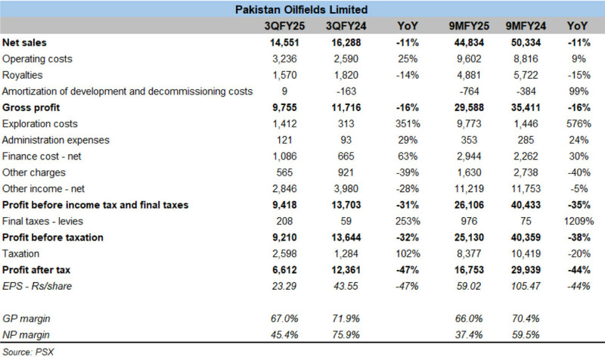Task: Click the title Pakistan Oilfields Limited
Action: (x=301, y=9)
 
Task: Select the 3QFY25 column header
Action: (x=284, y=26)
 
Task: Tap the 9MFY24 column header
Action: (x=526, y=26)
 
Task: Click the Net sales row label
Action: (x=24, y=42)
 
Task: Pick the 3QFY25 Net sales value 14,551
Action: (x=284, y=42)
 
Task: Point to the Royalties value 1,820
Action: (x=346, y=75)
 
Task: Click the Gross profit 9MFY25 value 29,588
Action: (x=469, y=107)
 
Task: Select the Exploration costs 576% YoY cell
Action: (x=579, y=123)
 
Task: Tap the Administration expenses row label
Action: (x=56, y=140)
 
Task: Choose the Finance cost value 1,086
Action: (x=284, y=156)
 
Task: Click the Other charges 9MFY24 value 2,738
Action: (x=526, y=172)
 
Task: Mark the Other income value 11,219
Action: (x=469, y=188)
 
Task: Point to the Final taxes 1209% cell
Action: (x=579, y=221)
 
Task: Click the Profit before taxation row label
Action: (x=53, y=237)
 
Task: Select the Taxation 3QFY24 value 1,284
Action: (x=346, y=253)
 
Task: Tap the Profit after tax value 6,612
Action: (x=284, y=270)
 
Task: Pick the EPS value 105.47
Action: (x=526, y=286)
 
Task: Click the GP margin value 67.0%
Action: (x=284, y=318)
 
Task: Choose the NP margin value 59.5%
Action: (x=526, y=334)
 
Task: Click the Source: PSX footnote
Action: (x=28, y=352)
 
